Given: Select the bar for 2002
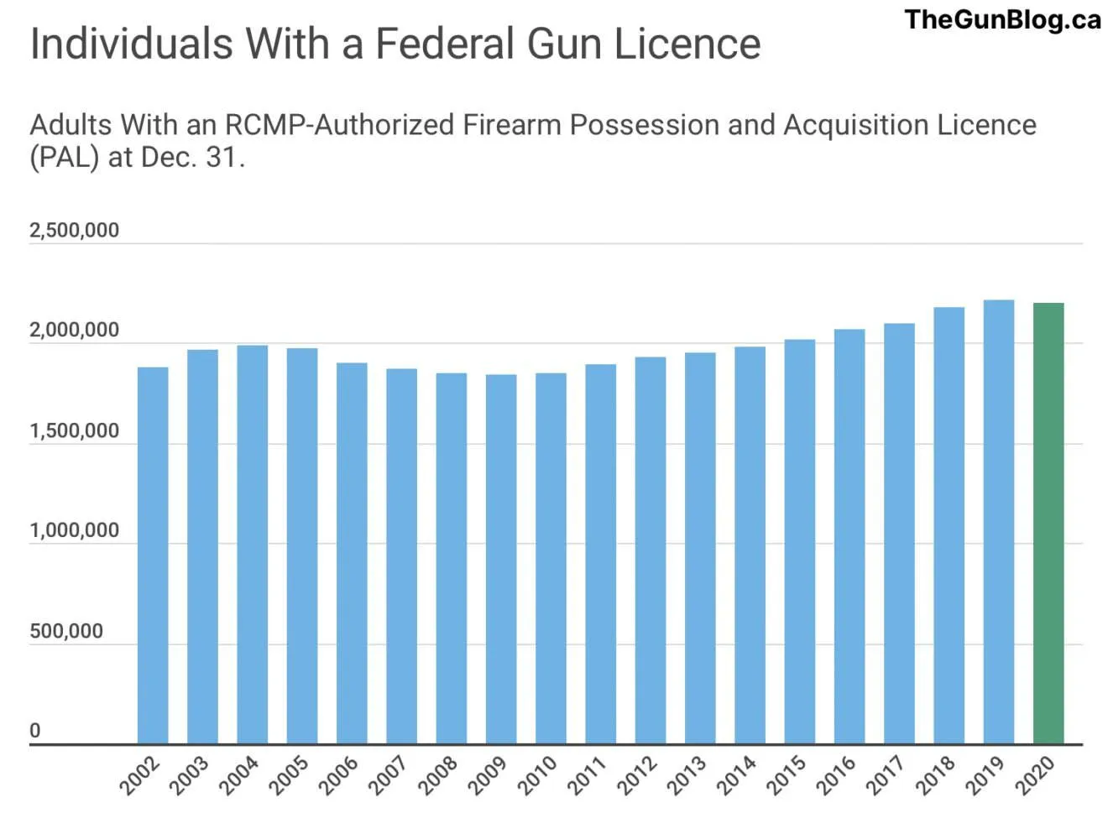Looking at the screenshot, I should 153,555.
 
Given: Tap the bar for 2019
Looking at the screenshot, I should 998,521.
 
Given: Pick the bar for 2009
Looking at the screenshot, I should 501,559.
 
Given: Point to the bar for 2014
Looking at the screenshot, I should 750,545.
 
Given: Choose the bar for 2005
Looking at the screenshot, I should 302,545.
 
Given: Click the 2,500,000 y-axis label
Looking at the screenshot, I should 74,230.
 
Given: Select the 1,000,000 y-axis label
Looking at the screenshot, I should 74,530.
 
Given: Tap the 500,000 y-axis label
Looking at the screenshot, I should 66,631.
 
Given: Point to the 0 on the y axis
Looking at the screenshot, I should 35,730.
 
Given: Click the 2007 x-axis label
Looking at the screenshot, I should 389,775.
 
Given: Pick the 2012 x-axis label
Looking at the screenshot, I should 637,775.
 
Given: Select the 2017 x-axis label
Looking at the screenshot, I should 886,775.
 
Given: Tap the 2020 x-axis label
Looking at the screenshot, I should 1035,775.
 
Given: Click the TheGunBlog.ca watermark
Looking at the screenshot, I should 1002,19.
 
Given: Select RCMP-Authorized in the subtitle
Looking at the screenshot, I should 340,125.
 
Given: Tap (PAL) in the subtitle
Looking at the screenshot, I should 65,157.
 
